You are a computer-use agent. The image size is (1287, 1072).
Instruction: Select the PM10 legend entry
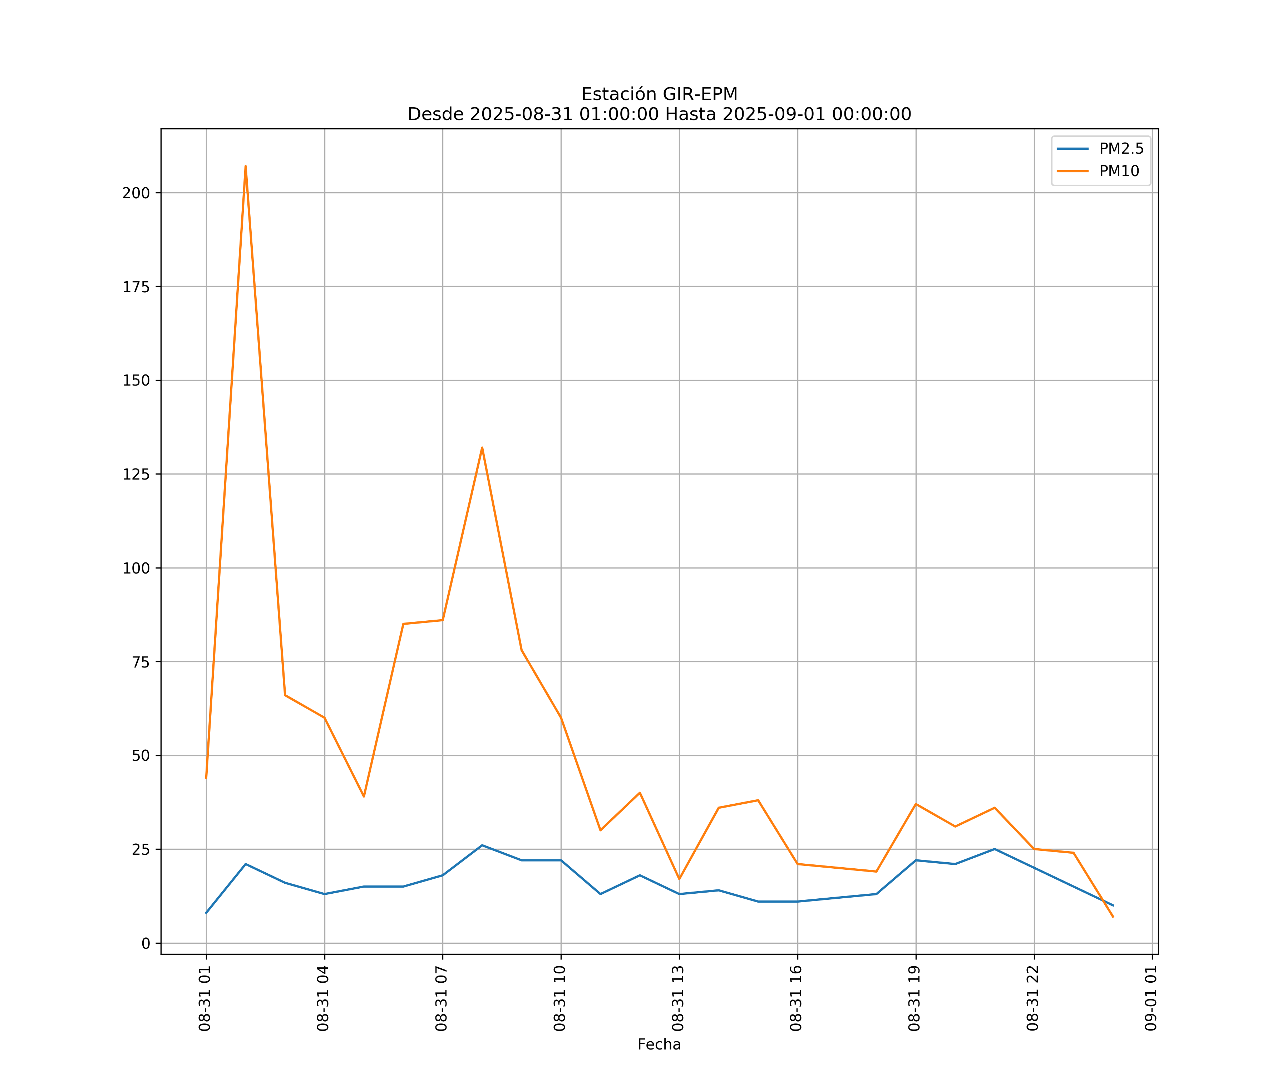tap(1119, 172)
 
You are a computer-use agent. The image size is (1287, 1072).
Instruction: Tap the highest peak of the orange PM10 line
tap(246, 166)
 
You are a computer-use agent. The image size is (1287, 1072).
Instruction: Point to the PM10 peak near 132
tap(482, 448)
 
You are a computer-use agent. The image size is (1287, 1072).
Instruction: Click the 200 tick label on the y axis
tap(136, 193)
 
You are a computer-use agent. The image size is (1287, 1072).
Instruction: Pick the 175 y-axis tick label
tap(136, 287)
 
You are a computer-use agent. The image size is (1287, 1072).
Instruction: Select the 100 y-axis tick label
tap(136, 568)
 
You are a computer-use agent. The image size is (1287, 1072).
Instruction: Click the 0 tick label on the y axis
tap(146, 943)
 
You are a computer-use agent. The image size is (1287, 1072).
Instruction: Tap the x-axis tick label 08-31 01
tap(205, 998)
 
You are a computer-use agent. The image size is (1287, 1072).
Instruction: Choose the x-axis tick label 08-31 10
tap(559, 998)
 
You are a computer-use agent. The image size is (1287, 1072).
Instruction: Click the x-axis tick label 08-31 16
tap(796, 998)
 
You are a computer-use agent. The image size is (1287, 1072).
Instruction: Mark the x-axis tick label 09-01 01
tap(1151, 998)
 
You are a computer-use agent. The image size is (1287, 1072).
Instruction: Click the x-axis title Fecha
tap(659, 1044)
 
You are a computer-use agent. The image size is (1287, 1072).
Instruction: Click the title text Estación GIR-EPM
tap(659, 94)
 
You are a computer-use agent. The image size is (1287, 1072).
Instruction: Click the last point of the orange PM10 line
tap(1113, 917)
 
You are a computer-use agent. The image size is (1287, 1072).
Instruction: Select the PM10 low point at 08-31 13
tap(679, 879)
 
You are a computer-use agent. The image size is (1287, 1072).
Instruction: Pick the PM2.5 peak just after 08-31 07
tap(482, 845)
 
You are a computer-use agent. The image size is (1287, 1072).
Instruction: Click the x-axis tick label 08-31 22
tap(1033, 998)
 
